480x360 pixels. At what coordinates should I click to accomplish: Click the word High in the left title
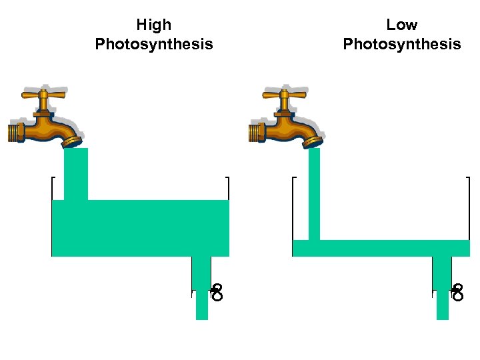point(153,25)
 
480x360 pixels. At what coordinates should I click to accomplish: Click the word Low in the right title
point(401,25)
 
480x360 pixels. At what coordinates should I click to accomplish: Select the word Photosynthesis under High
point(154,45)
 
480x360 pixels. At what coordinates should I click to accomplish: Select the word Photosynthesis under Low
point(401,45)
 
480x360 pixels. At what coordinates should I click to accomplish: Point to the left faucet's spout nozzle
point(71,140)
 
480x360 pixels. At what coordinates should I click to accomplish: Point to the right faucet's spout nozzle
point(313,140)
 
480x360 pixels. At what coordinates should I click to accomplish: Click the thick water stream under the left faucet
point(75,173)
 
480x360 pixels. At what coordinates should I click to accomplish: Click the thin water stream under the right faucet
point(314,193)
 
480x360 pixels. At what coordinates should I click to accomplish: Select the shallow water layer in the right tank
point(381,248)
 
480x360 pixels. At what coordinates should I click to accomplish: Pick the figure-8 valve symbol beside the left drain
point(217,292)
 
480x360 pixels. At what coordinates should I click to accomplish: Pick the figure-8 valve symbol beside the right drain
point(457,292)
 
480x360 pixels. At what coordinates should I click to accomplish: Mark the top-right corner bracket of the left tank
point(227,179)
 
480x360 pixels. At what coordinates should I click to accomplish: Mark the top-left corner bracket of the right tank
point(294,179)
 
